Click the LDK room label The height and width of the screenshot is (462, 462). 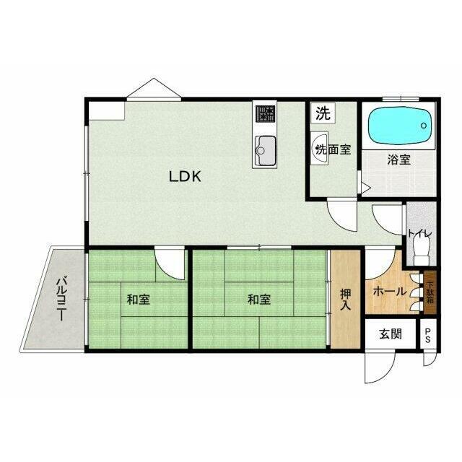pyautogui.click(x=185, y=176)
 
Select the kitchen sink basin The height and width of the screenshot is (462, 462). pyautogui.click(x=265, y=151)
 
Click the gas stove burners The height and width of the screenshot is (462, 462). pyautogui.click(x=265, y=114)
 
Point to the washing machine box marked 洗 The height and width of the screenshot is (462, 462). pyautogui.click(x=323, y=113)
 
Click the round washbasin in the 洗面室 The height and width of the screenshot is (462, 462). pyautogui.click(x=320, y=148)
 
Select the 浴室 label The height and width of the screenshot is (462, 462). pyautogui.click(x=398, y=160)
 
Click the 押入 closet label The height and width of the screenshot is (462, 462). pyautogui.click(x=346, y=299)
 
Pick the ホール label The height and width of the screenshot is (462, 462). pyautogui.click(x=390, y=292)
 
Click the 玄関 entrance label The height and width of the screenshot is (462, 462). pyautogui.click(x=390, y=334)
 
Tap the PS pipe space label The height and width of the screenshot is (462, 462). pyautogui.click(x=427, y=336)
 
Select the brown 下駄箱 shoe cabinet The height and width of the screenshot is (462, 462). pyautogui.click(x=430, y=292)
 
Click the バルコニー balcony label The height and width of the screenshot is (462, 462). pyautogui.click(x=61, y=297)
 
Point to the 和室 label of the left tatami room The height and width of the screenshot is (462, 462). pyautogui.click(x=138, y=300)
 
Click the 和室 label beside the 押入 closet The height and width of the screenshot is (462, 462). pyautogui.click(x=258, y=300)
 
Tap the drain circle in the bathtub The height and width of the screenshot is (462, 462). pyautogui.click(x=424, y=126)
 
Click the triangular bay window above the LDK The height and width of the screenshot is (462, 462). pyautogui.click(x=154, y=88)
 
